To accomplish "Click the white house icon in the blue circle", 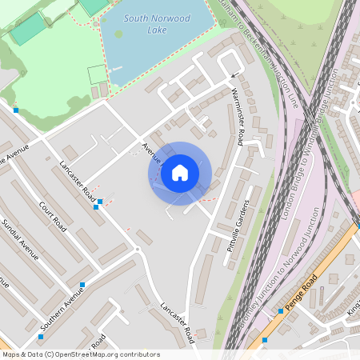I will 180,173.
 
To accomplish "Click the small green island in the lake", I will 119,34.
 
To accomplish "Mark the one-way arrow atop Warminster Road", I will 234,77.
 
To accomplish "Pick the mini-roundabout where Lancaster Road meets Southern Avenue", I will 137,250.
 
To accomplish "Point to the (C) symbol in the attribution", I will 49,354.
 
